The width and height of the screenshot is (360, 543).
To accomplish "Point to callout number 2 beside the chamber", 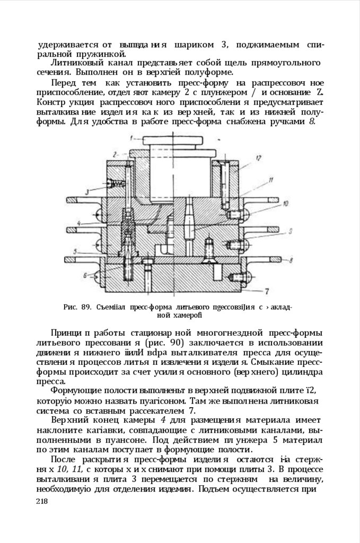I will (x=115, y=154).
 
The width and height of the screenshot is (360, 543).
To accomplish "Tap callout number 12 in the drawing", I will (x=259, y=157).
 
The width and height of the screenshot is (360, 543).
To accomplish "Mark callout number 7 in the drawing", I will (x=267, y=291).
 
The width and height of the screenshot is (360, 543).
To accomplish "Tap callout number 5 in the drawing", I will (x=76, y=251).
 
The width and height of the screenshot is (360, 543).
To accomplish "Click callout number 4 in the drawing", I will (x=78, y=223).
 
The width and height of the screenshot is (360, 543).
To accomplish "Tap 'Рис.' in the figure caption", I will (x=71, y=306).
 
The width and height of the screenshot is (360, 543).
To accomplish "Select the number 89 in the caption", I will (x=88, y=306).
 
